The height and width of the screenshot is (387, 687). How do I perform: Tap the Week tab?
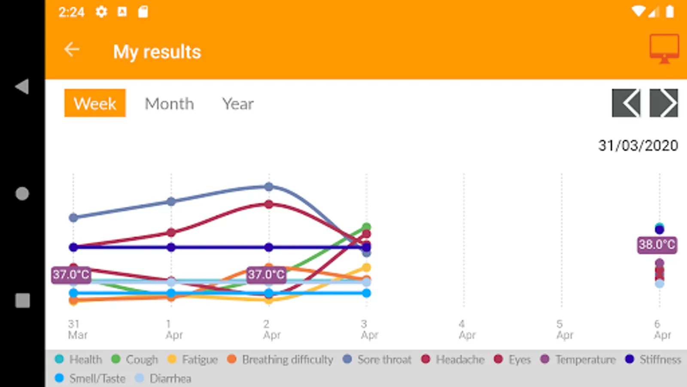(x=95, y=103)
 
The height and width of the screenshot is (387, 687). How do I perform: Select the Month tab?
(x=169, y=104)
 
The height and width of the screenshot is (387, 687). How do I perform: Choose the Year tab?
(x=238, y=104)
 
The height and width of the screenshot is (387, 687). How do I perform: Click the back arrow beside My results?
(x=72, y=50)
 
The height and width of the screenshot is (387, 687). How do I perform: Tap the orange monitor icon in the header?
(x=664, y=48)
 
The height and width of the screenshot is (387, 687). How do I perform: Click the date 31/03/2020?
(x=638, y=145)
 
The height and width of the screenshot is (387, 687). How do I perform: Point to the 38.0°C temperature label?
(x=657, y=245)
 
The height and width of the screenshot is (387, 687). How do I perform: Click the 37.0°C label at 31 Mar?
(x=71, y=274)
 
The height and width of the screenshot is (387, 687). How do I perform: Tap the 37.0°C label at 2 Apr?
(x=266, y=274)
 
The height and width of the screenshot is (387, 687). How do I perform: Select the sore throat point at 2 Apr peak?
(x=269, y=187)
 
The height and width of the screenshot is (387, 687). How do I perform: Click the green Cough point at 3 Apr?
(x=366, y=227)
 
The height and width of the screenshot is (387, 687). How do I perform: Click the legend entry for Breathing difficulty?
(x=281, y=359)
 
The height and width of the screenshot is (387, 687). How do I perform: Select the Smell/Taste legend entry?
(x=91, y=378)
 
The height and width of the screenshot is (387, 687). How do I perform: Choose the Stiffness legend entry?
(x=654, y=359)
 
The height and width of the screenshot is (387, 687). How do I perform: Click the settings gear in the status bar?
(x=101, y=12)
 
